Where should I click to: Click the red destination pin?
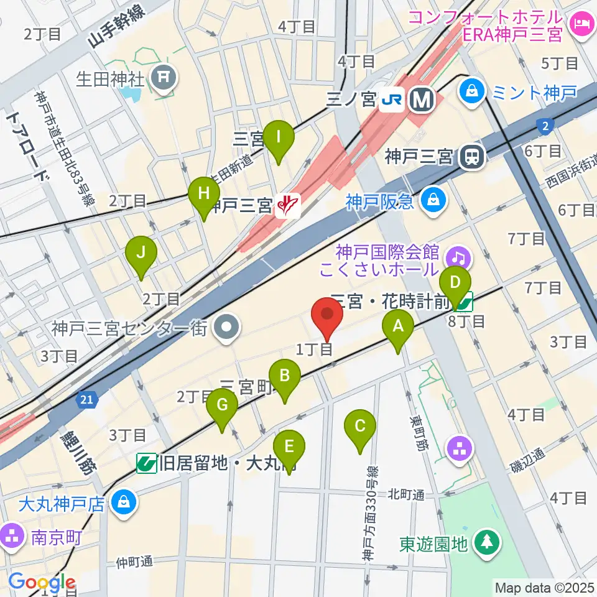click(328, 315)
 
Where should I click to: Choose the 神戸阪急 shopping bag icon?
click(430, 200)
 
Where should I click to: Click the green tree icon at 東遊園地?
click(486, 542)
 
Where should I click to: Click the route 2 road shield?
click(545, 126)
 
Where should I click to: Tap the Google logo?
click(42, 583)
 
